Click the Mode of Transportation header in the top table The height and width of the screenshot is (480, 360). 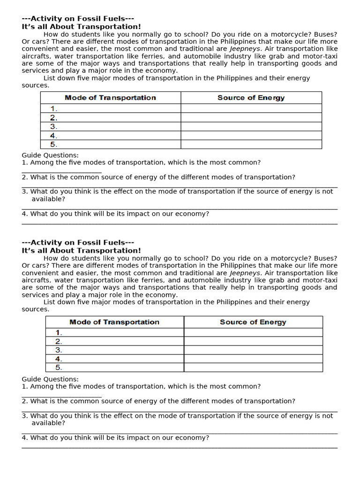(x=110, y=97)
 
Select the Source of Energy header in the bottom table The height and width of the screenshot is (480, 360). (x=253, y=322)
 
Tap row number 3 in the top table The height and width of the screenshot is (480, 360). (x=53, y=127)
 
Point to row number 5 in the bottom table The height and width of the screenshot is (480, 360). (x=59, y=367)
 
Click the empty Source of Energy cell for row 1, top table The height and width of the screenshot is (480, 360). (x=251, y=108)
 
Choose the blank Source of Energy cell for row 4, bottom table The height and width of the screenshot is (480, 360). (x=253, y=359)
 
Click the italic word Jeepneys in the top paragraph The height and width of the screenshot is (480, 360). (x=244, y=49)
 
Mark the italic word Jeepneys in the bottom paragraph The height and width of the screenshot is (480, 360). (x=244, y=273)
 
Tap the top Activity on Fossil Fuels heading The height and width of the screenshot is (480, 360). (x=78, y=19)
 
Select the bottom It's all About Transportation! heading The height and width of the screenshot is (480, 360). (x=81, y=251)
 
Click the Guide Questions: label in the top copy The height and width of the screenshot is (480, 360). (x=50, y=155)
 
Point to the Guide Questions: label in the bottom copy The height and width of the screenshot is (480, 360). (x=50, y=379)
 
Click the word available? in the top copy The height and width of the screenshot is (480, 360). (x=48, y=199)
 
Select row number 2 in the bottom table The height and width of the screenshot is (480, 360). (x=59, y=342)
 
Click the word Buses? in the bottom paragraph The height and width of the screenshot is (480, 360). (x=325, y=258)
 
